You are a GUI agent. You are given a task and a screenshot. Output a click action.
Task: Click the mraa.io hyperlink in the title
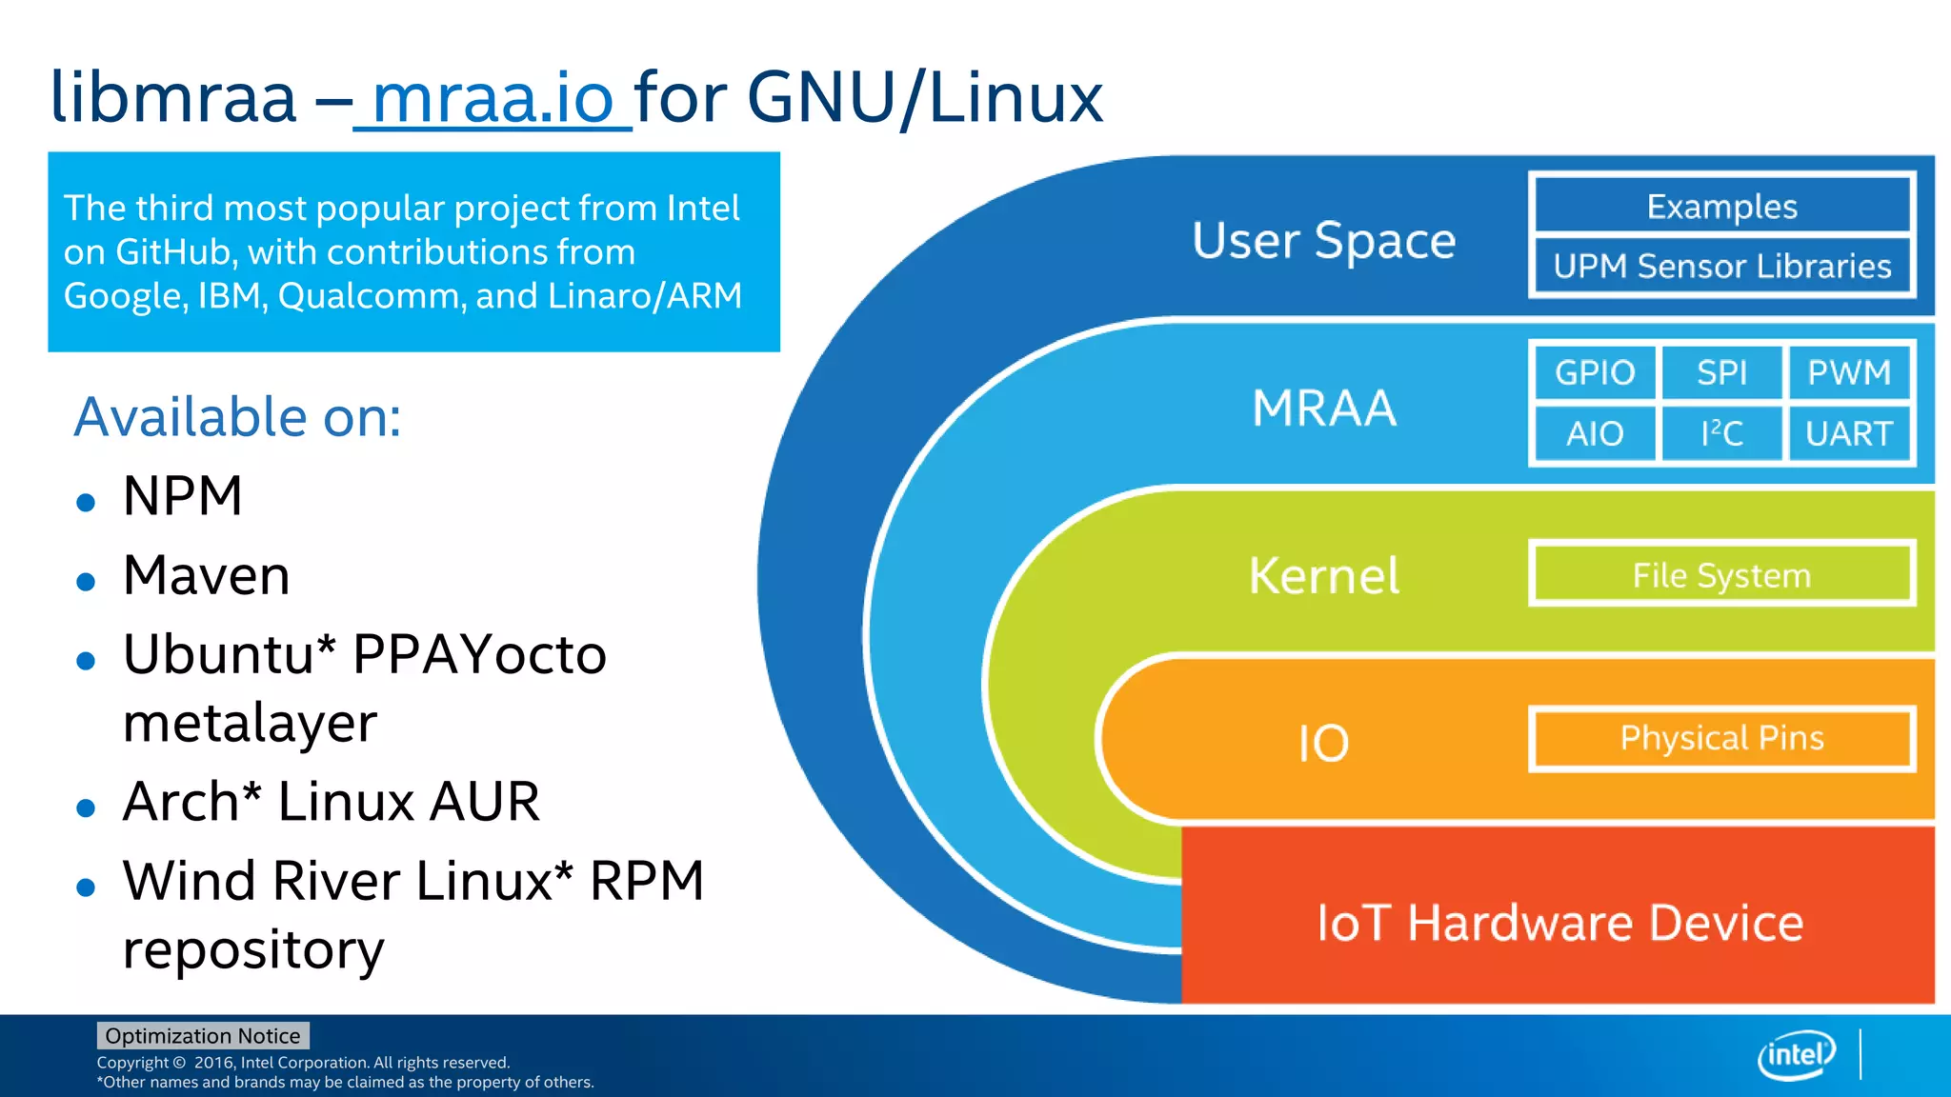coord(493,98)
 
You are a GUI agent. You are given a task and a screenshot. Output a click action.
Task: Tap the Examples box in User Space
coord(1721,207)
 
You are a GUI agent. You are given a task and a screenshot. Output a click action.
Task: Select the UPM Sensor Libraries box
coord(1721,267)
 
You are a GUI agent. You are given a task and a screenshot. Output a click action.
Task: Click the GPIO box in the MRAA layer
coord(1595,372)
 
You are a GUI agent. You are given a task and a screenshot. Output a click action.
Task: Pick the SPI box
coord(1721,372)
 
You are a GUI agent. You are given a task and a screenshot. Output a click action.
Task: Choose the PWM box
coord(1849,372)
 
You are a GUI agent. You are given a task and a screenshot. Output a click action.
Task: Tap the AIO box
coord(1595,434)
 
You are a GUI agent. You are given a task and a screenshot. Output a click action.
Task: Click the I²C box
coord(1721,434)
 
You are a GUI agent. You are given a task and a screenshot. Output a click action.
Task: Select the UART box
coord(1849,434)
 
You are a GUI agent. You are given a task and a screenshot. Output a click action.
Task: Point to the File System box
coord(1721,575)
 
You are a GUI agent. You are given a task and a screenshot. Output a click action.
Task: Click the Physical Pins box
coord(1721,738)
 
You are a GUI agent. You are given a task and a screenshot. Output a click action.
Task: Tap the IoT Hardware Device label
coord(1559,923)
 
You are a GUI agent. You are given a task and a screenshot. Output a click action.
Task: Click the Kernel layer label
coord(1324,576)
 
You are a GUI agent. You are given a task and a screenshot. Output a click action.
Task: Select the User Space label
coord(1324,240)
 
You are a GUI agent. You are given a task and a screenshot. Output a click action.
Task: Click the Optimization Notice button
coord(203,1036)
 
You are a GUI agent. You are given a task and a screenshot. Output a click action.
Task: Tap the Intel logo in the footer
coord(1796,1055)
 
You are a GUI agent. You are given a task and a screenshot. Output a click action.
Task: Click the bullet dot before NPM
coord(86,502)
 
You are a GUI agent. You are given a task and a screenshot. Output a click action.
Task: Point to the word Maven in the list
coord(207,576)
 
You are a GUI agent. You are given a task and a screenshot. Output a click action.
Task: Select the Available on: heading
coord(238,417)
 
